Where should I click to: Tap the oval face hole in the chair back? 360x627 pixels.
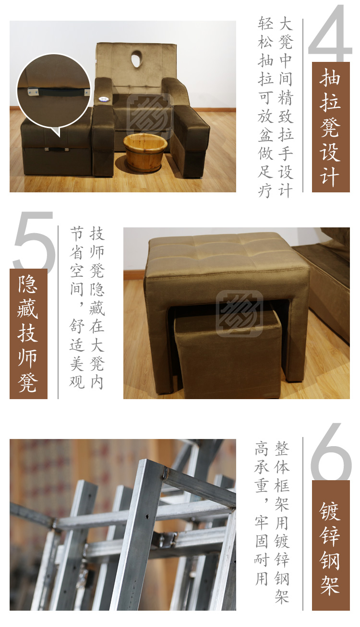click(137, 59)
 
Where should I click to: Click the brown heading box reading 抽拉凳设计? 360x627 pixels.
click(331, 127)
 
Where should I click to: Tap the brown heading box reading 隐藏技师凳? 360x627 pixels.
click(29, 334)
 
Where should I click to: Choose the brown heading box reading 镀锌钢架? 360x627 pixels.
click(331, 545)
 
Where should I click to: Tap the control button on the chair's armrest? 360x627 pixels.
click(104, 98)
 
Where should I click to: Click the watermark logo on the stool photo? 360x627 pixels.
click(240, 314)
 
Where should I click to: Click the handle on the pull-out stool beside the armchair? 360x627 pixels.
click(57, 150)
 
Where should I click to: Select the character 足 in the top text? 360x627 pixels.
click(265, 171)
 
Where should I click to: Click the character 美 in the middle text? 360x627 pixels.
click(77, 363)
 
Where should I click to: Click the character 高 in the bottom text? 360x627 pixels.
click(262, 448)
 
